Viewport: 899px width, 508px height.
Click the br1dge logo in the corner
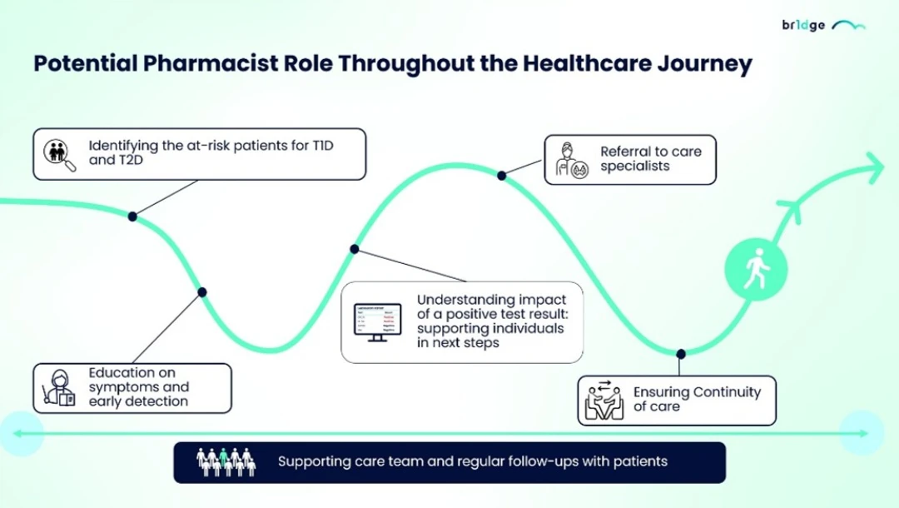(x=822, y=25)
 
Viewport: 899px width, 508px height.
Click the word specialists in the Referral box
(x=635, y=167)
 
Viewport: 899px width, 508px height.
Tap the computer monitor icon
(x=377, y=321)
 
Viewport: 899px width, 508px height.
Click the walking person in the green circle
(x=755, y=269)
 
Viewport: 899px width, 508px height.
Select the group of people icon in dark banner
(x=226, y=462)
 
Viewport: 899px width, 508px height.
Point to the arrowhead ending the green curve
(x=874, y=167)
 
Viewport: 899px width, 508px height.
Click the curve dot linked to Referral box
(x=502, y=175)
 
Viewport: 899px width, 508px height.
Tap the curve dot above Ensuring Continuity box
(x=681, y=354)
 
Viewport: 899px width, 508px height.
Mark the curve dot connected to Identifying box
(x=132, y=217)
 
